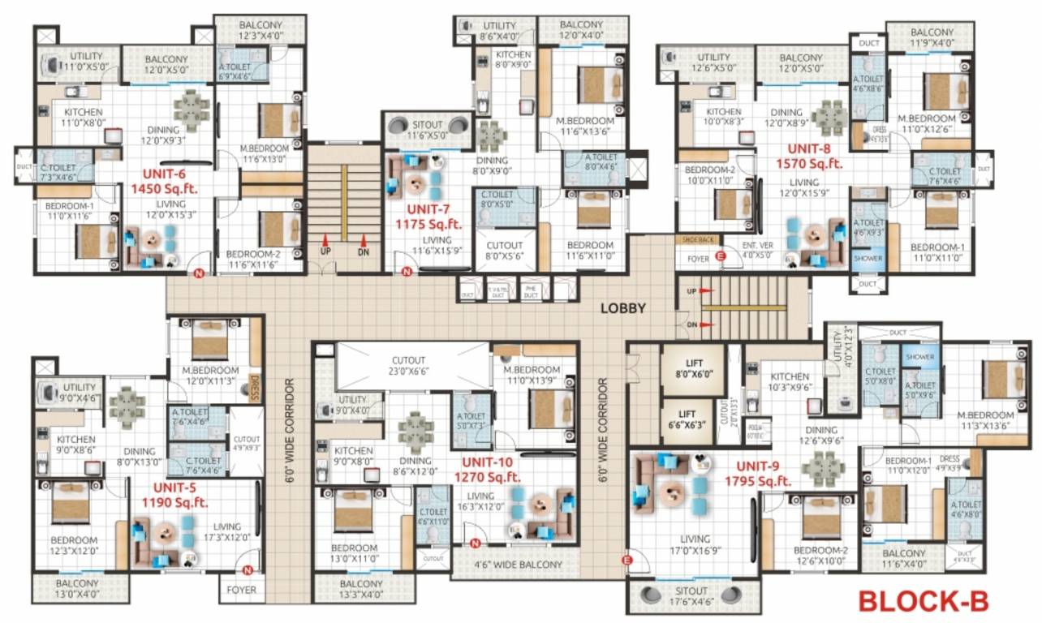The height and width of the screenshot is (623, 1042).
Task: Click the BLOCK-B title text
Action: [923, 601]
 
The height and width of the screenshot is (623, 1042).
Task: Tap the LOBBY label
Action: [622, 308]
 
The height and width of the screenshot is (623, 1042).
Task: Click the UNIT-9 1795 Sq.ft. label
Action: [758, 475]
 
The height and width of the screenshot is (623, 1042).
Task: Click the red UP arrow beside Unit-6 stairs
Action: [325, 241]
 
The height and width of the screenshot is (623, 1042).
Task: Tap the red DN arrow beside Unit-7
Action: [364, 241]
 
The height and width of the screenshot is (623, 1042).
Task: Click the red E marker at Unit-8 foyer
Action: [719, 257]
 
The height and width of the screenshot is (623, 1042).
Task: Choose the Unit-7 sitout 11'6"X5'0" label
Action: [427, 131]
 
